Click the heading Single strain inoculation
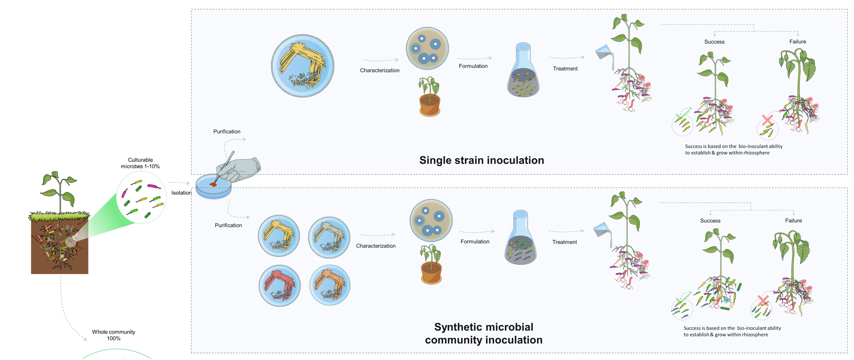481,160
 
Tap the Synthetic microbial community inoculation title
483,333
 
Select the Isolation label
181,193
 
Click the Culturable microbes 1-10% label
140,163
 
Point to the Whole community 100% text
114,335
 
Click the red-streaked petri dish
280,286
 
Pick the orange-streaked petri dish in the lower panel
330,285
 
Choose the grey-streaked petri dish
329,237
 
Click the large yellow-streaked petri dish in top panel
303,66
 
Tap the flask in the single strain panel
523,72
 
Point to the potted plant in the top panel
430,97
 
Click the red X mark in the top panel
767,120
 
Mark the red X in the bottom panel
763,300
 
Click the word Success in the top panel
714,42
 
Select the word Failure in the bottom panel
793,220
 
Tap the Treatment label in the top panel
565,69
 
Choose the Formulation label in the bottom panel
475,242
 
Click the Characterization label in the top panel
380,70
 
